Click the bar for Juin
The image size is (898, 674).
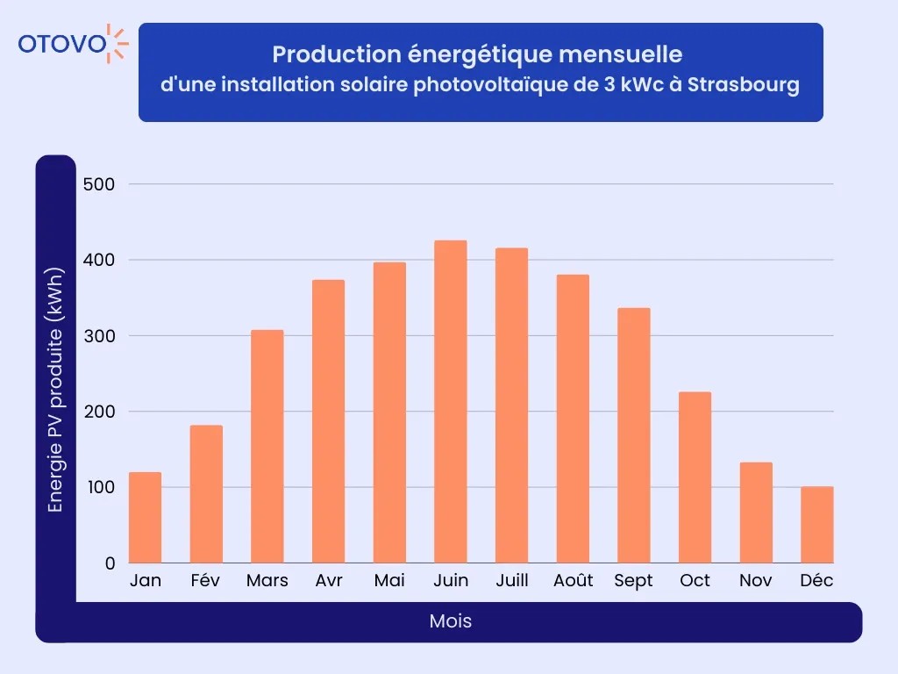451,402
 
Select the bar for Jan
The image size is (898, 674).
145,518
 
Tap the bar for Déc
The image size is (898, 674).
817,525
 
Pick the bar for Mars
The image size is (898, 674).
267,447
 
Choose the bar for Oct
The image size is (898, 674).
695,477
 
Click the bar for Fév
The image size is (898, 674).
206,494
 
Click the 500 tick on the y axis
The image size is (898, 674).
98,184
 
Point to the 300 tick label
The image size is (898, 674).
98,336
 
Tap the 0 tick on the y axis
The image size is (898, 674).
110,563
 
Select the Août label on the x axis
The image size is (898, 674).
574,581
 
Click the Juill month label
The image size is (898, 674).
511,581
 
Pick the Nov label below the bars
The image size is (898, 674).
756,581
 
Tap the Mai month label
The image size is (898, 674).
389,581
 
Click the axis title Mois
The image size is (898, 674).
451,621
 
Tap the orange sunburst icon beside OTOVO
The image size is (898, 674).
118,43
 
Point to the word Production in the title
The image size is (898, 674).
325,54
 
